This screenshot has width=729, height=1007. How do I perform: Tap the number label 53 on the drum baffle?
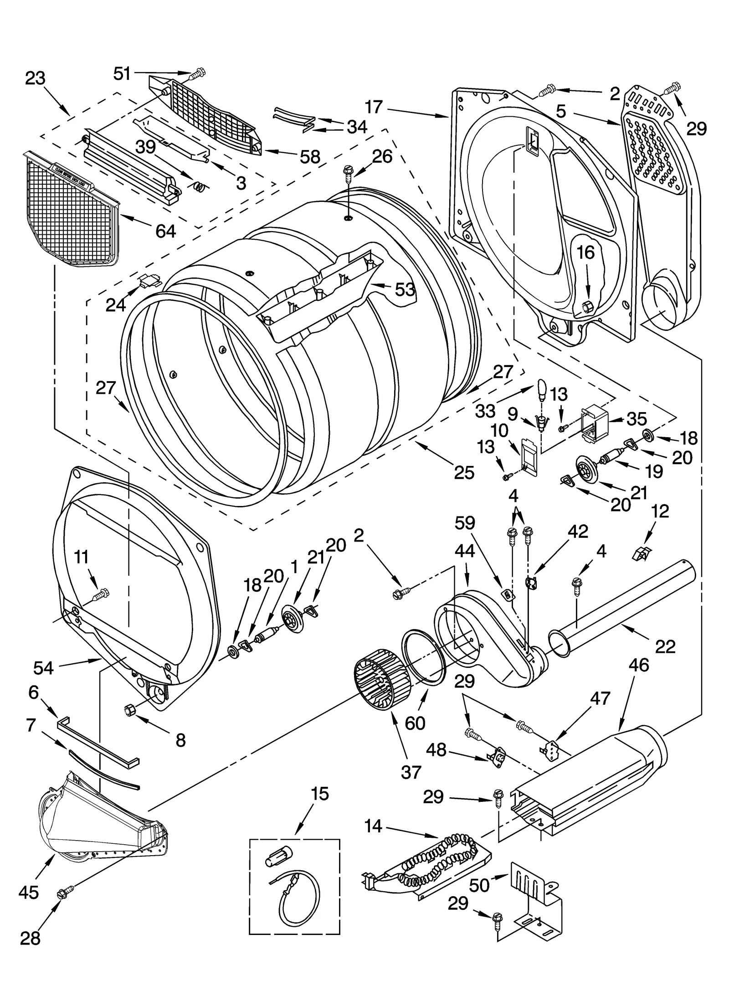tap(405, 289)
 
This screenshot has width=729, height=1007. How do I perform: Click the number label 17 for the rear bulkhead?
tap(374, 108)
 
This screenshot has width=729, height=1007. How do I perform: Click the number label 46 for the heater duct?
tap(638, 665)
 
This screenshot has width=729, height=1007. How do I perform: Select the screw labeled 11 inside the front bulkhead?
tap(101, 594)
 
